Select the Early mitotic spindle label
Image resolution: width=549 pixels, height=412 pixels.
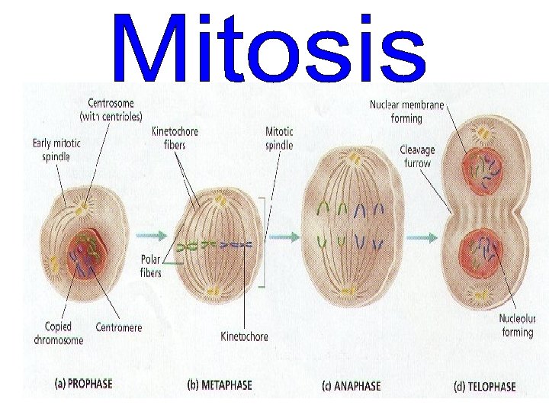[x=57, y=149]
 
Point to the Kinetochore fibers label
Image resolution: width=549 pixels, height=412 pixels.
[x=175, y=137]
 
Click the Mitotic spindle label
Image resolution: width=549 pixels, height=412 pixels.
[x=279, y=138]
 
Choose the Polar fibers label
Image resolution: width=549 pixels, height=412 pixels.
[x=150, y=266]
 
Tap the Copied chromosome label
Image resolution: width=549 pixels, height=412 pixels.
[x=58, y=333]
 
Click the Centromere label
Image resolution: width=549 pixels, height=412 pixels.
[x=119, y=327]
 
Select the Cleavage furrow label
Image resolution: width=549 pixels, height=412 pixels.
[x=416, y=156]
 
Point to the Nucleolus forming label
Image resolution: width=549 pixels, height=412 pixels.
[x=516, y=326]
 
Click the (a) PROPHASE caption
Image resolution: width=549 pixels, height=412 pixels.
[x=83, y=383]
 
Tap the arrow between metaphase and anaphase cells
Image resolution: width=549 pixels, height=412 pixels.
[x=284, y=237]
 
